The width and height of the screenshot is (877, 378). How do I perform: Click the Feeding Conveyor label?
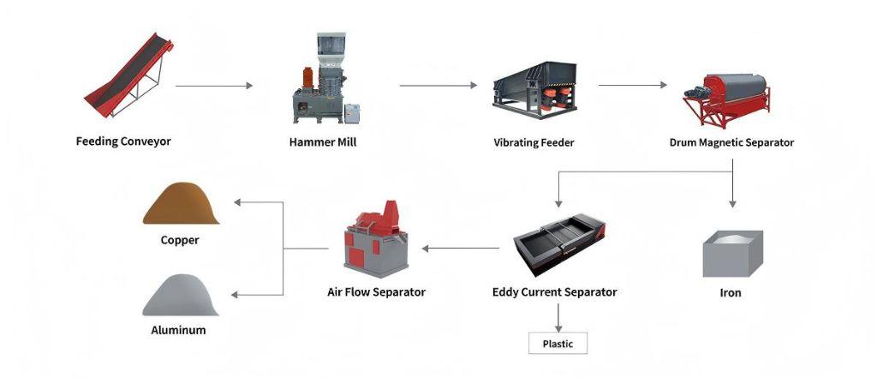[123, 141]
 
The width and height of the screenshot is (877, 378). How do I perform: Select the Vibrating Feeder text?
[534, 143]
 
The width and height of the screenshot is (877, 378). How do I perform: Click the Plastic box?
[558, 343]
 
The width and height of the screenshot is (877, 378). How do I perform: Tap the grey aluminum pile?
[180, 295]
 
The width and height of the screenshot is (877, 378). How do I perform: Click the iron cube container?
[732, 253]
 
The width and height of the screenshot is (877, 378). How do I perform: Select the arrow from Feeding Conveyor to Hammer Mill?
[214, 86]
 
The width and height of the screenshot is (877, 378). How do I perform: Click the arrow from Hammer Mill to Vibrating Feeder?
[438, 86]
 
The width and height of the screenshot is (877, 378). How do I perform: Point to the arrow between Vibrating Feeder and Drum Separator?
[633, 85]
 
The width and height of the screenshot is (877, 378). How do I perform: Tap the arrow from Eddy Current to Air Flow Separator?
[460, 248]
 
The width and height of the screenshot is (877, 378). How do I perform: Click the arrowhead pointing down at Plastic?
[558, 329]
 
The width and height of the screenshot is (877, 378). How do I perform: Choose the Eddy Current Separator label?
[555, 291]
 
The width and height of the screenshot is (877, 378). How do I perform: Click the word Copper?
[180, 240]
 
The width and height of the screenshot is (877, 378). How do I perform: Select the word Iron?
[731, 293]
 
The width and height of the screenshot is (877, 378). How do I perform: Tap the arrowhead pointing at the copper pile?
[237, 202]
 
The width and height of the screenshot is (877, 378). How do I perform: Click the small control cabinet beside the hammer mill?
[352, 114]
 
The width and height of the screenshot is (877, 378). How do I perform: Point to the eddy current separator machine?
[558, 243]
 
